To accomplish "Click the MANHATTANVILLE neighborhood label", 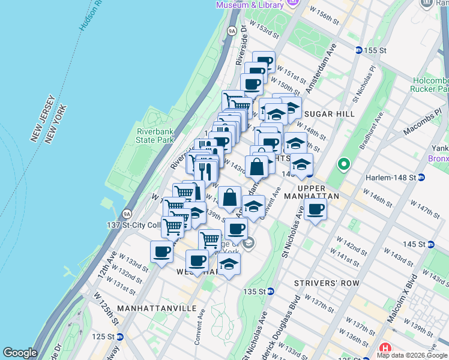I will coord(157,308).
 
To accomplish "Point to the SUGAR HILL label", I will coord(330,113).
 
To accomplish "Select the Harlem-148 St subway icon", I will coord(421,178).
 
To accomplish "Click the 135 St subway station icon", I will coord(271,292).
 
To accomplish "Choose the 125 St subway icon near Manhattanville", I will coord(120,337).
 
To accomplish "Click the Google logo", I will coord(20,353).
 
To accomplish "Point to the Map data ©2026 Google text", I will coord(412,355).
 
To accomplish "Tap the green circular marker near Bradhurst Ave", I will coord(344,163).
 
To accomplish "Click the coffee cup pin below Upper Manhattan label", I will coord(315,209).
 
